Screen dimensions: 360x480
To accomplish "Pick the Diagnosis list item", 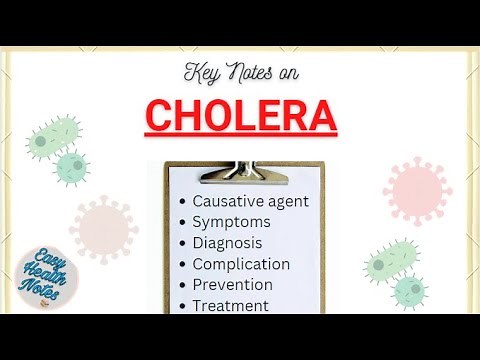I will [x=227, y=242].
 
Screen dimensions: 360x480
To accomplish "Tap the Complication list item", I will [x=241, y=264].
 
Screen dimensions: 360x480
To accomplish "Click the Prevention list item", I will [x=232, y=285].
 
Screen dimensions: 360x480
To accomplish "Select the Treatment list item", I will [x=230, y=306].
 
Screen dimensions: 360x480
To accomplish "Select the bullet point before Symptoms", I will [x=182, y=222].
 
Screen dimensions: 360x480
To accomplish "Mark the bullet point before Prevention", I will [x=182, y=286].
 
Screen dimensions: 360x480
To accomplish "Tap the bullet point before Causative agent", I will [x=182, y=201].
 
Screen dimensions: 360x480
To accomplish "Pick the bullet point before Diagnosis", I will [x=182, y=243].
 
